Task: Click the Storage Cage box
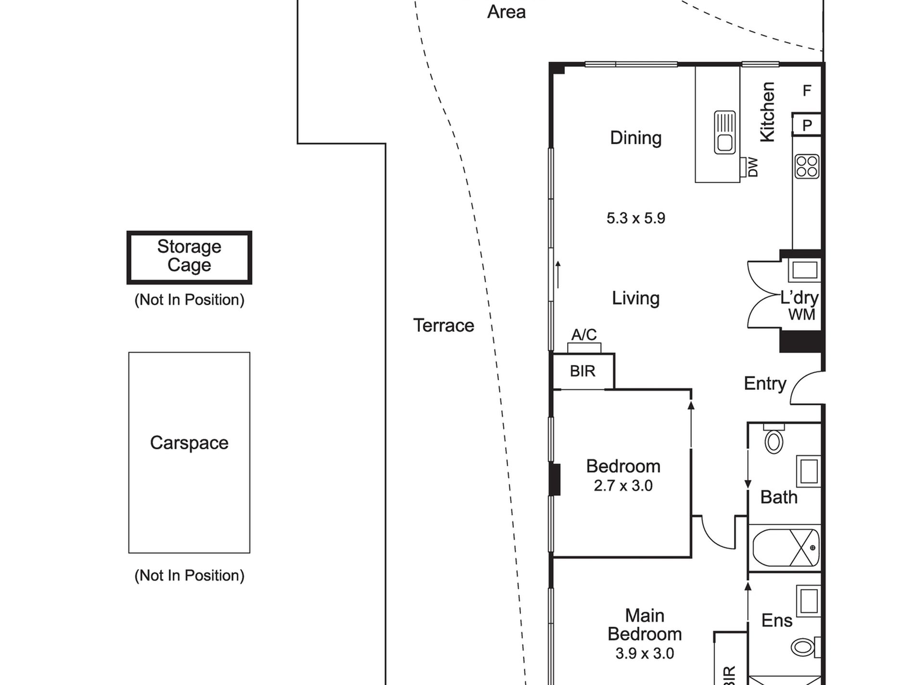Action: (189, 257)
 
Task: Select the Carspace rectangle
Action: (189, 452)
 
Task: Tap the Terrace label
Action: (444, 325)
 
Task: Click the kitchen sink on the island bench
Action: (724, 133)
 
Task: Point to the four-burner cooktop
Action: (807, 166)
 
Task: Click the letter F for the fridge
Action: (807, 90)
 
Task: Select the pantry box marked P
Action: (807, 125)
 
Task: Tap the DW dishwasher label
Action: (753, 167)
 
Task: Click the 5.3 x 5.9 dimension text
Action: (635, 218)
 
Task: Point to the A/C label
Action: (584, 335)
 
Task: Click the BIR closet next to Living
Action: (583, 371)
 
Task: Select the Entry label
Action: (765, 384)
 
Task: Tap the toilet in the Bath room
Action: (774, 440)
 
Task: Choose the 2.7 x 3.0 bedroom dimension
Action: (623, 486)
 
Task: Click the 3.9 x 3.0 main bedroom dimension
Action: (645, 653)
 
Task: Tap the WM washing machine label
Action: (802, 315)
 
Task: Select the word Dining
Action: (635, 138)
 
